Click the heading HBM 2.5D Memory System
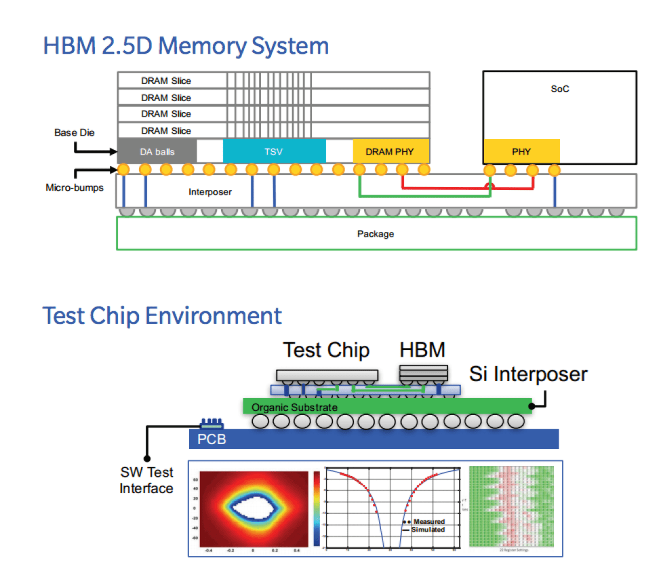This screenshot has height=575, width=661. (186, 46)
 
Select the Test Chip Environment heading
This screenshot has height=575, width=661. (162, 315)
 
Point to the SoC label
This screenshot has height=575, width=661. (559, 89)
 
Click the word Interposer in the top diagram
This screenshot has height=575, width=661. (210, 192)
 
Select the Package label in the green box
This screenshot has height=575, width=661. (376, 234)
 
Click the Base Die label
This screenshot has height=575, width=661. (71, 133)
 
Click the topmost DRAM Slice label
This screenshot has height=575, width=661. (166, 81)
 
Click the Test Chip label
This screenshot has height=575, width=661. (326, 351)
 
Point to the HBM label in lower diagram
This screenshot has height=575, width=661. (422, 350)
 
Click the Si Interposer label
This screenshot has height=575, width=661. (528, 374)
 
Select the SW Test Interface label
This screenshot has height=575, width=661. (147, 480)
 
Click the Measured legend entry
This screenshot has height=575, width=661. (428, 521)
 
